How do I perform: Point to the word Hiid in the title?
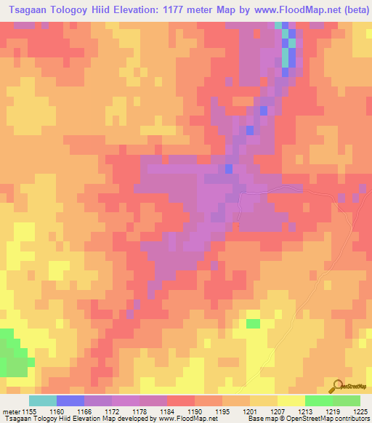tap(109, 10)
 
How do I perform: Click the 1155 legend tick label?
tap(26, 411)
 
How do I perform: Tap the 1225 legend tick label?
tap(360, 411)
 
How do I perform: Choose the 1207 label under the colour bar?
tap(277, 411)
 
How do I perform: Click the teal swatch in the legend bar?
tap(43, 400)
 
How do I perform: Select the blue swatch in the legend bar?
tap(70, 400)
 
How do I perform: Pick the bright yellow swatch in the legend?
tap(291, 400)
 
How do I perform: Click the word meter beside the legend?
tap(9, 411)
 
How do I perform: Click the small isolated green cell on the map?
tap(253, 323)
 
